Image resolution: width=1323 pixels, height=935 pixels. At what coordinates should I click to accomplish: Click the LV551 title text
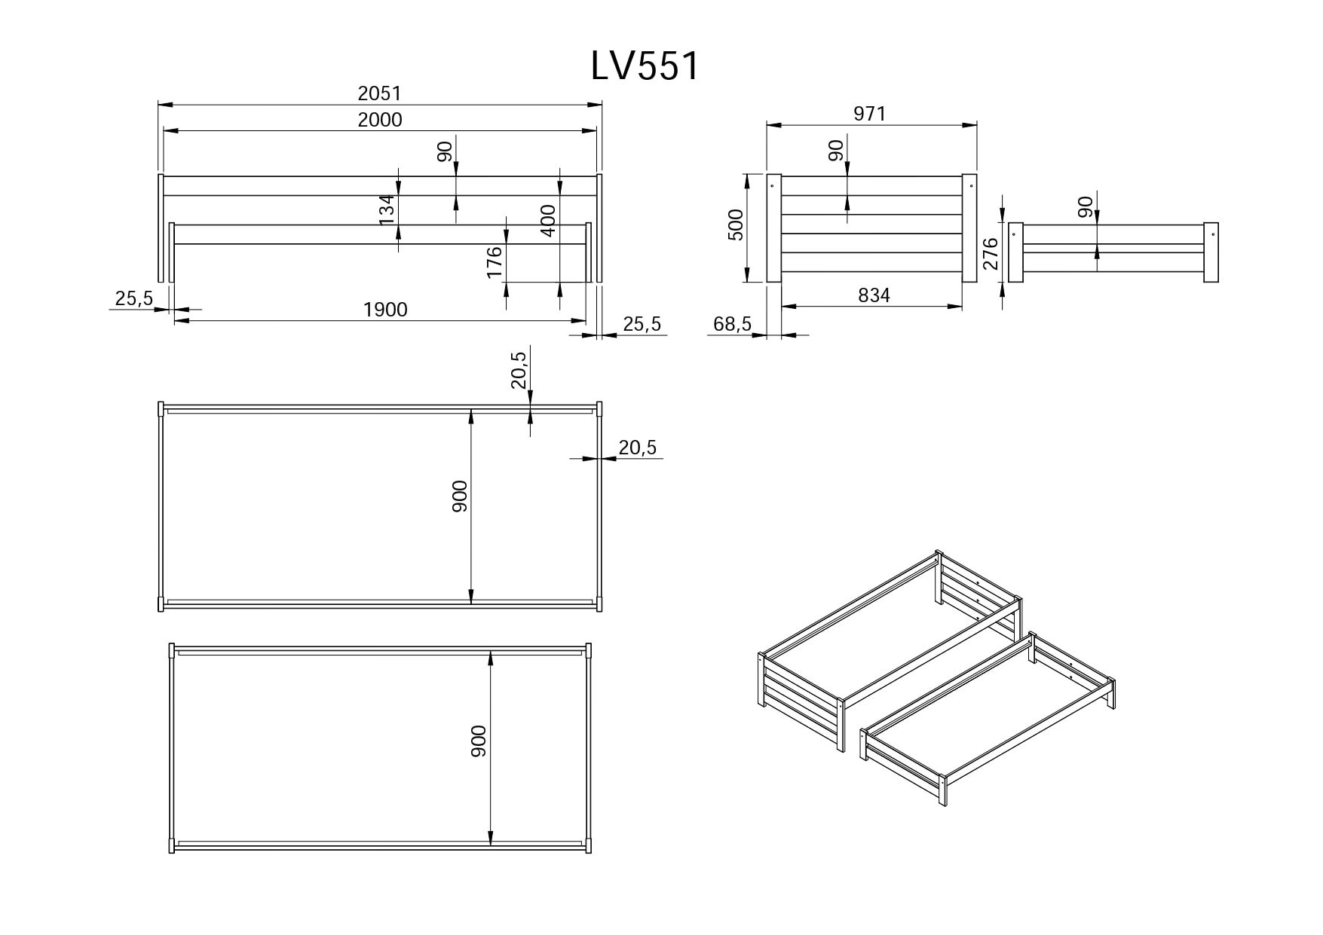tap(645, 66)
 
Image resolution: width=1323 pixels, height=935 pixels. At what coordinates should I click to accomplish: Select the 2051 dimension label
tap(379, 93)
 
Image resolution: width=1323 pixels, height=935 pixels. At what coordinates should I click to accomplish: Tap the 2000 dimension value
tap(379, 120)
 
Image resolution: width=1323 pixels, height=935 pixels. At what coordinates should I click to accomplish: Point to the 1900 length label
tap(384, 310)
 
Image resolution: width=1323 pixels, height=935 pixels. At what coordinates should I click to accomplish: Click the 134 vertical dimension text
tap(387, 209)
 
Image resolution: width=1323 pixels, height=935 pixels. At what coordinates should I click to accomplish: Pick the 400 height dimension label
tap(548, 221)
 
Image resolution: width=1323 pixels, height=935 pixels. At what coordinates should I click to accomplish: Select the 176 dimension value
tap(495, 262)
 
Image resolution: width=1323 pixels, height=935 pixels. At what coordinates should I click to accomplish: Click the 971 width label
tap(869, 114)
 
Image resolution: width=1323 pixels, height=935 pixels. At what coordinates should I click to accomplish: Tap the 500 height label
tap(736, 225)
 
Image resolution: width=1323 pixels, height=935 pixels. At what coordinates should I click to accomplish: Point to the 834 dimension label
tap(874, 295)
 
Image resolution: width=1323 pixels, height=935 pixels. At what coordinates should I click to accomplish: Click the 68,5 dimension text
tap(732, 324)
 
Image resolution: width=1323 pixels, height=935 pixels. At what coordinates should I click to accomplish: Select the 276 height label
tap(991, 253)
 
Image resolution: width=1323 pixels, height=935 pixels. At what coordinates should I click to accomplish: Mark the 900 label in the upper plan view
tap(460, 496)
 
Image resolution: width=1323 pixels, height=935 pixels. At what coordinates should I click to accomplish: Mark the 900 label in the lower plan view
tap(479, 741)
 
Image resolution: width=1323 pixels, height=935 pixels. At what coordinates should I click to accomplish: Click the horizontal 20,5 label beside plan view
tap(637, 448)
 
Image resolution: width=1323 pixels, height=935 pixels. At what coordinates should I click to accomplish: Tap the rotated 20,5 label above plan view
tap(519, 369)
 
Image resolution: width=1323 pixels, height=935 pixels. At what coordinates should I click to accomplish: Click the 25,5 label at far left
tap(133, 299)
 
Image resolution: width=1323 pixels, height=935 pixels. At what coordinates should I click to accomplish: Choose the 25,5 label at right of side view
tap(642, 324)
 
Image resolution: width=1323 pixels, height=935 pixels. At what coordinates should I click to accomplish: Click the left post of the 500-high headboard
tap(773, 228)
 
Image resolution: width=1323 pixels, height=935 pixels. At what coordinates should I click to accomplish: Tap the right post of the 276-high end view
tap(1211, 252)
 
